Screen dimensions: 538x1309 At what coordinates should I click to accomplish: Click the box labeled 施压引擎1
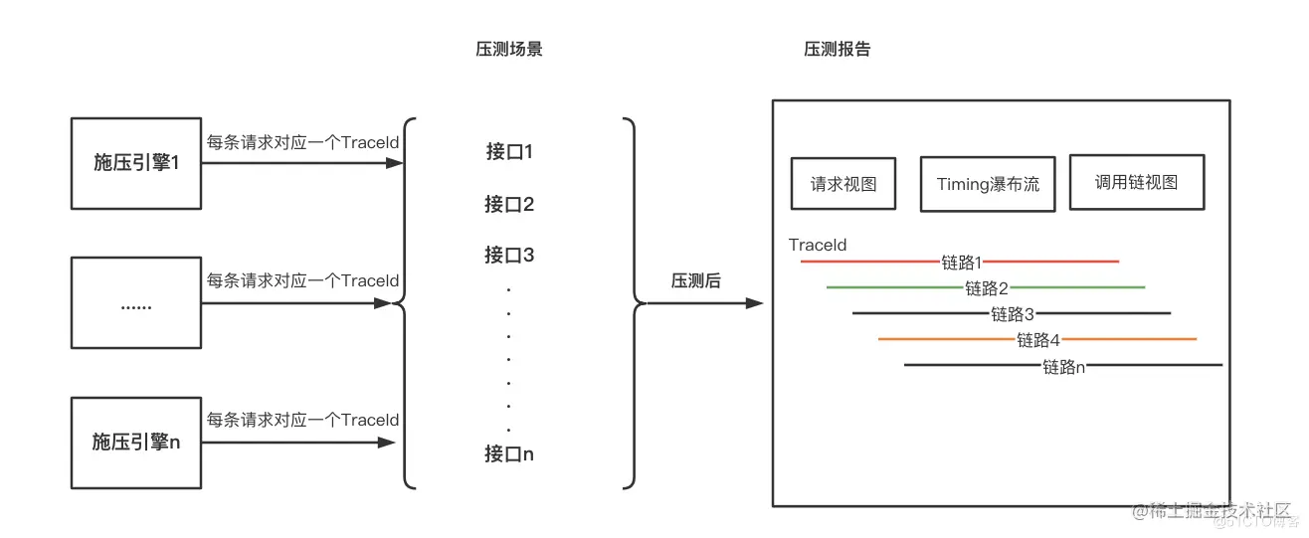pyautogui.click(x=136, y=163)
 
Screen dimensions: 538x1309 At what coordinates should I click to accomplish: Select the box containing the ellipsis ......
pyautogui.click(x=136, y=304)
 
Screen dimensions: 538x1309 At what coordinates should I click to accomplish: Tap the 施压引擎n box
pyautogui.click(x=136, y=443)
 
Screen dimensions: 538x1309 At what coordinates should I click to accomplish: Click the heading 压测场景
pyautogui.click(x=508, y=49)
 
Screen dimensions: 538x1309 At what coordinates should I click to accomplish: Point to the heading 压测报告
pyautogui.click(x=837, y=49)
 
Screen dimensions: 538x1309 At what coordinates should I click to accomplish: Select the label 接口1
pyautogui.click(x=509, y=152)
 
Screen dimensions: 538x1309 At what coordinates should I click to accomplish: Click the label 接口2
pyautogui.click(x=509, y=204)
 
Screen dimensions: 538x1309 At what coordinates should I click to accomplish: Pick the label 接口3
pyautogui.click(x=509, y=255)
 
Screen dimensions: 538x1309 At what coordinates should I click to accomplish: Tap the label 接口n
pyautogui.click(x=509, y=453)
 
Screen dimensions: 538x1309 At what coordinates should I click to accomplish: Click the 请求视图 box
pyautogui.click(x=842, y=183)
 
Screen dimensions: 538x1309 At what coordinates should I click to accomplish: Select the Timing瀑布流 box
pyautogui.click(x=988, y=184)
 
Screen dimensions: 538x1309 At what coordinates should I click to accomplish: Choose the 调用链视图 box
pyautogui.click(x=1136, y=182)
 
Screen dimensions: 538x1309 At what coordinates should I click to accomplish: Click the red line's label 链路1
pyautogui.click(x=961, y=263)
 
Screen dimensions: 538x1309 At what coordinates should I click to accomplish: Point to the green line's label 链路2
pyautogui.click(x=987, y=288)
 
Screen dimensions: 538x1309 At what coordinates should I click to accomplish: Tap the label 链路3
pyautogui.click(x=1013, y=314)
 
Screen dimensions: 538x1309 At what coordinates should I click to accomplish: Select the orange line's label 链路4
pyautogui.click(x=1038, y=340)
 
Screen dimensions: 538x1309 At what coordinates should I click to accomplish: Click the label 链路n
pyautogui.click(x=1063, y=366)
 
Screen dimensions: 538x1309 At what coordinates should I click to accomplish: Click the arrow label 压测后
pyautogui.click(x=696, y=281)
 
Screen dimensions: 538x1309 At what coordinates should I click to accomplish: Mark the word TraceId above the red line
pyautogui.click(x=818, y=245)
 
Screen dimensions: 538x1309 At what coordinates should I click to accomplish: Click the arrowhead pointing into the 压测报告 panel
pyautogui.click(x=755, y=303)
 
